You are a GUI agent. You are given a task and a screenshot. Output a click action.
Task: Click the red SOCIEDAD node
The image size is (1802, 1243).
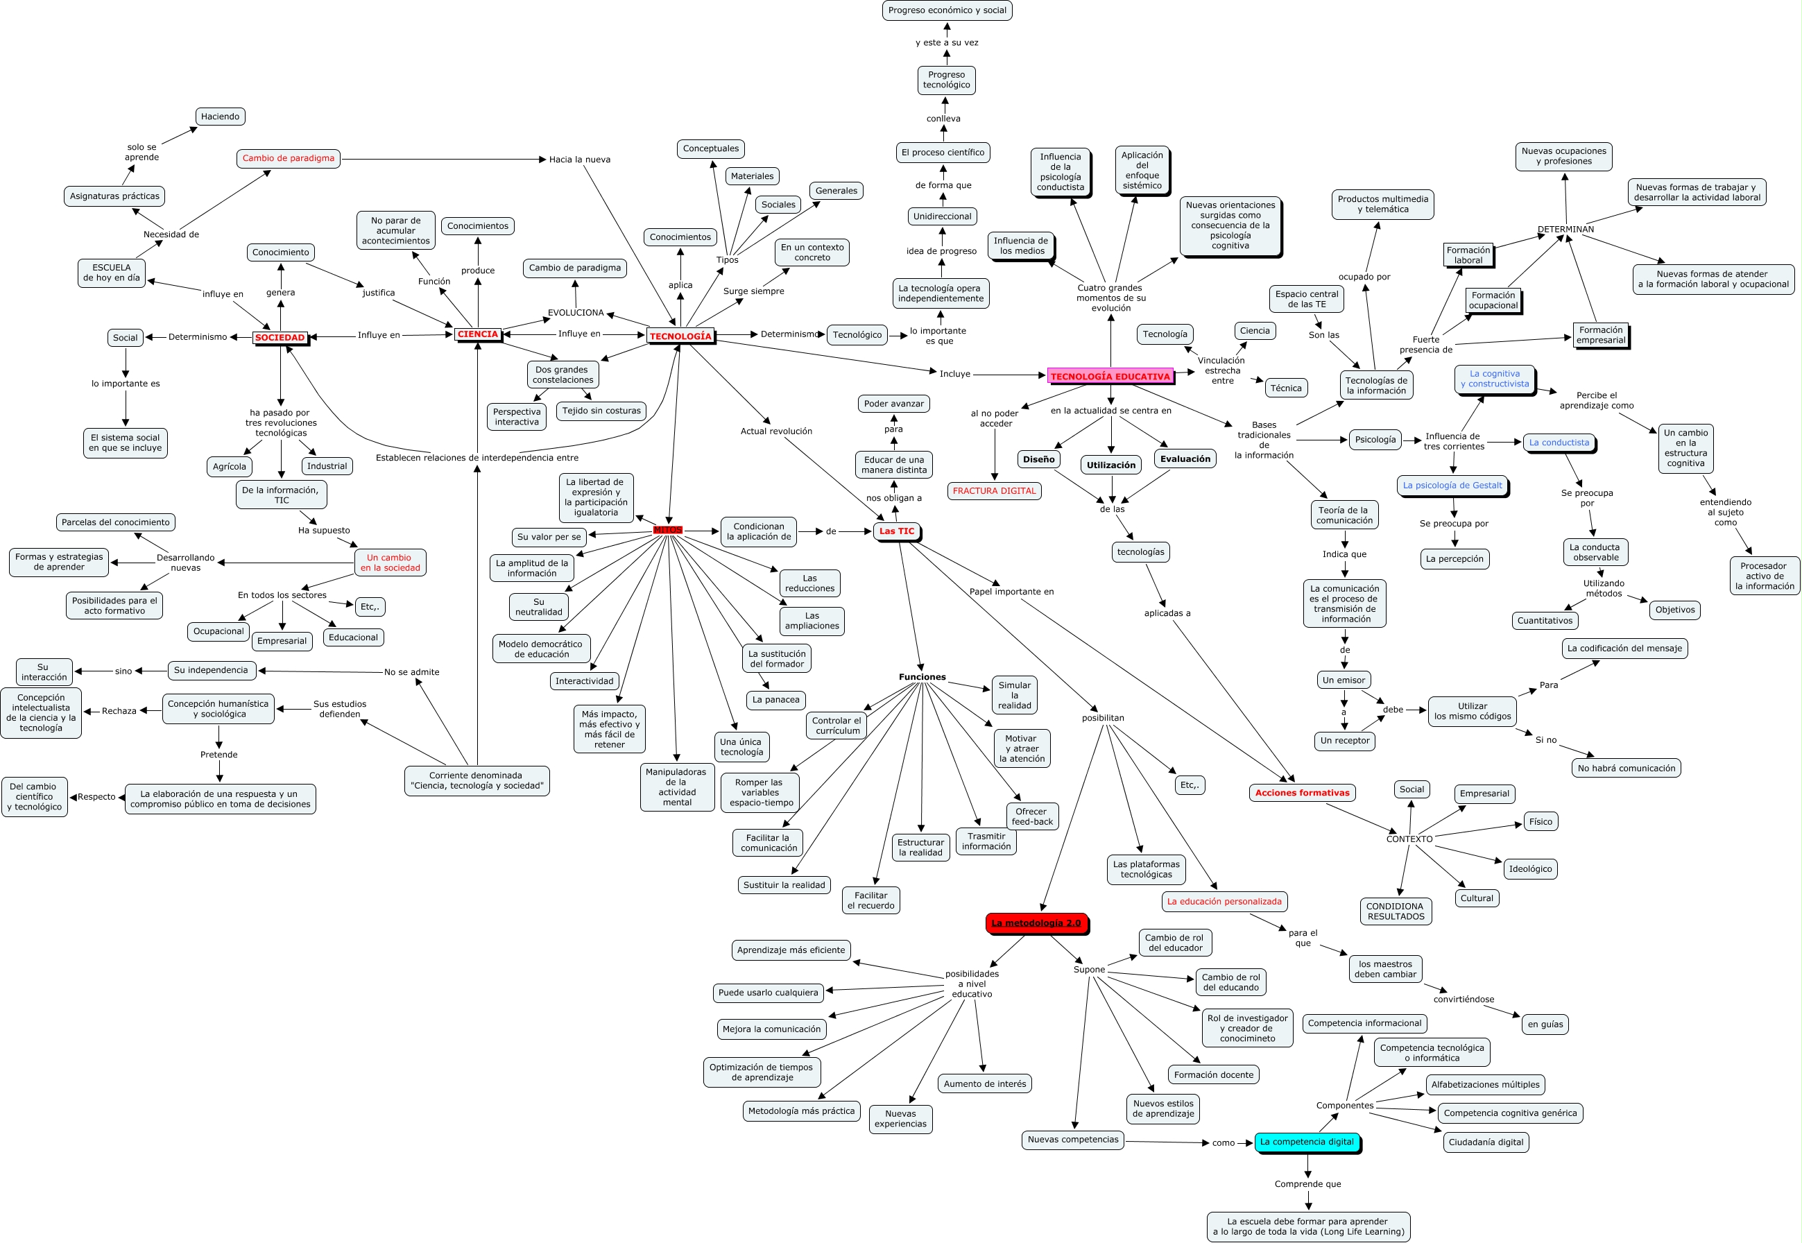point(280,337)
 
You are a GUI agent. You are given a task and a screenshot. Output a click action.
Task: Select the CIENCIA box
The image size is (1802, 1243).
point(477,334)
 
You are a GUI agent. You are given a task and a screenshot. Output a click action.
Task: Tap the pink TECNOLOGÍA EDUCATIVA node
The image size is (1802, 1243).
point(1110,376)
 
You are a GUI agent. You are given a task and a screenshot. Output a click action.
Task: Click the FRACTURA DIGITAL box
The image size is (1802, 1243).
point(994,490)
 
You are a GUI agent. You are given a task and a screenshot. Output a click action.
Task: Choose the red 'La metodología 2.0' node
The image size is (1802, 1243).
point(1036,923)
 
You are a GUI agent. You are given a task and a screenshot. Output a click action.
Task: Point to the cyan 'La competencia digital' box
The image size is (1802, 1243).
point(1307,1142)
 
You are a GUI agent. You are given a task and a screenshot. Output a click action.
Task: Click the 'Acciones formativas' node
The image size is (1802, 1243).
point(1302,793)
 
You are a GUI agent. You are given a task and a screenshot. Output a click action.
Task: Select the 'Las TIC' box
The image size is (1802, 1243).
point(896,531)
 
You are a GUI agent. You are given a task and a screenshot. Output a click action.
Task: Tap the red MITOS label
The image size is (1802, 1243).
point(667,530)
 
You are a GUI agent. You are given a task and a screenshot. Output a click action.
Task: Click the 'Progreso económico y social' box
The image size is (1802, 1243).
point(947,10)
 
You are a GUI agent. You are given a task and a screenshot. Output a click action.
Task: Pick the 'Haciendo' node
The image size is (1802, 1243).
point(221,116)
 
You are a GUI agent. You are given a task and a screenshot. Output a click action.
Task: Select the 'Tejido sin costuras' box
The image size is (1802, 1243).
point(601,411)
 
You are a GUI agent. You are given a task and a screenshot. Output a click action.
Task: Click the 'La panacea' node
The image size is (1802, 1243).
point(775,699)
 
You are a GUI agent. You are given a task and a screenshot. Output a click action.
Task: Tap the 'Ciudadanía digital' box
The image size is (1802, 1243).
point(1486,1142)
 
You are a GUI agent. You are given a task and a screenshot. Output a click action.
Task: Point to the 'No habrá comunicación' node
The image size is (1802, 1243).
point(1626,768)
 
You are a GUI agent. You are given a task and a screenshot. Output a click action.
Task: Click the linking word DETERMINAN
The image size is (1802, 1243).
point(1565,229)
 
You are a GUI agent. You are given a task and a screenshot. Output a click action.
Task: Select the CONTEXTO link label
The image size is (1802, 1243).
point(1409,839)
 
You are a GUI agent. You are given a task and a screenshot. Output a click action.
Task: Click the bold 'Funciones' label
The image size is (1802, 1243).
point(922,677)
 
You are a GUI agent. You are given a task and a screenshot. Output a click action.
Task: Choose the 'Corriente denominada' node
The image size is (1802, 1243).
point(477,780)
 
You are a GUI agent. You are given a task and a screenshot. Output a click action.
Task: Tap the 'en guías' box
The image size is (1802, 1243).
point(1545,1024)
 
